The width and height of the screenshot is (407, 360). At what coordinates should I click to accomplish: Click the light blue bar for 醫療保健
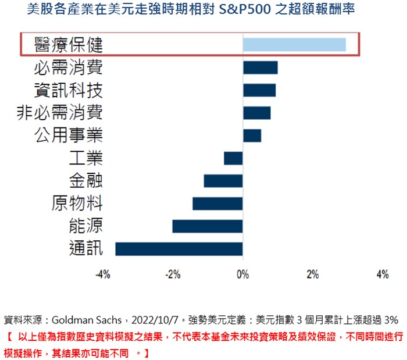click(x=294, y=45)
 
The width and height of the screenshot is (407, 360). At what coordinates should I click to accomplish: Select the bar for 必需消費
click(x=260, y=67)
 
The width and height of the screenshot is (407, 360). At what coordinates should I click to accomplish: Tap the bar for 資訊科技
click(x=259, y=90)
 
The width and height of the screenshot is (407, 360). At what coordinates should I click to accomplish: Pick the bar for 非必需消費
click(x=256, y=113)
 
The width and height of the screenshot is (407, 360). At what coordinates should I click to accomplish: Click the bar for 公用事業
click(x=252, y=136)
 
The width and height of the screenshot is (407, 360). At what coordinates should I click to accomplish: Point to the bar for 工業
click(x=233, y=158)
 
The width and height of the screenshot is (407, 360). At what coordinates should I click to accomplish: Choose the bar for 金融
click(x=223, y=181)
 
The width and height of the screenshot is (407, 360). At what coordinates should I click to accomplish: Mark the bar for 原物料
click(x=217, y=204)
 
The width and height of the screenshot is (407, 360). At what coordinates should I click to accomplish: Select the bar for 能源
click(x=208, y=226)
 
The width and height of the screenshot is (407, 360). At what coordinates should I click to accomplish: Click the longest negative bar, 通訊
click(x=179, y=249)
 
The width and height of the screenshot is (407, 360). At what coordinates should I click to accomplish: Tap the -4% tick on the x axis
click(x=103, y=275)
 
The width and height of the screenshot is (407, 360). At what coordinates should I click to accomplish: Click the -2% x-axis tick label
click(x=173, y=275)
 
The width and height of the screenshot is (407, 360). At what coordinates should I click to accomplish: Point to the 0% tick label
click(x=242, y=275)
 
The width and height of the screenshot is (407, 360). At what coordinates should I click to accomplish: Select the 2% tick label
click(x=313, y=275)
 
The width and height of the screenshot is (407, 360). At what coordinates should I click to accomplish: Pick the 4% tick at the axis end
click(x=383, y=275)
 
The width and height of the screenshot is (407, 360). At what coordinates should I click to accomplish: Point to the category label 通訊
click(x=85, y=249)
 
